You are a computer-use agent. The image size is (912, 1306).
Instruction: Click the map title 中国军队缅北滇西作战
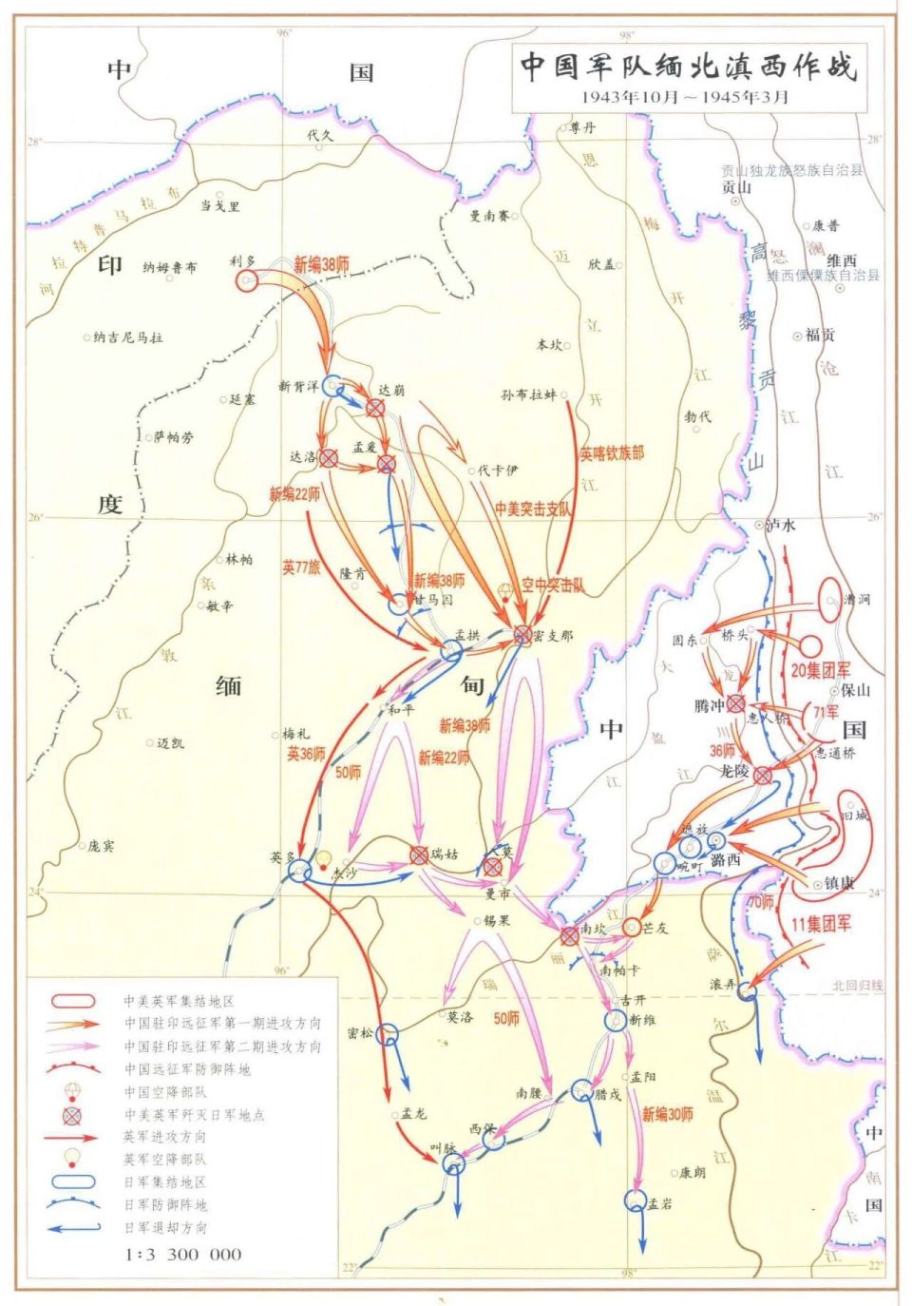(688, 67)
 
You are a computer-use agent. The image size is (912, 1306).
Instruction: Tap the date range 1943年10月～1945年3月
(685, 97)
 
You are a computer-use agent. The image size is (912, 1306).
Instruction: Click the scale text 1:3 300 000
(183, 1254)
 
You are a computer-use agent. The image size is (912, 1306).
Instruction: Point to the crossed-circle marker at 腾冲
(736, 704)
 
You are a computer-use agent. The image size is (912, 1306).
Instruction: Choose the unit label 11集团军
(822, 923)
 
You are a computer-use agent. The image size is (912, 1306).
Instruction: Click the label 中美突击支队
(534, 509)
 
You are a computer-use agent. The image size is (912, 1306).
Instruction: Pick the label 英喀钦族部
(612, 453)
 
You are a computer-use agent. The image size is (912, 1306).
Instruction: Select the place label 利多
(243, 260)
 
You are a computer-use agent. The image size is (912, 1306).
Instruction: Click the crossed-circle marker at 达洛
(329, 458)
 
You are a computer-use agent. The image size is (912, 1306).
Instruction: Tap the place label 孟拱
(467, 634)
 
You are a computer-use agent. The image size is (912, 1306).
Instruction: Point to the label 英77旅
(301, 567)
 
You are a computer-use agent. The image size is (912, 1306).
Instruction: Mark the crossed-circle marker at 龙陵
(763, 775)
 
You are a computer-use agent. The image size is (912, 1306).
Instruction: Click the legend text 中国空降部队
(165, 1092)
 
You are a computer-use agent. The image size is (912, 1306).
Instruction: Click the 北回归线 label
(858, 986)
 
